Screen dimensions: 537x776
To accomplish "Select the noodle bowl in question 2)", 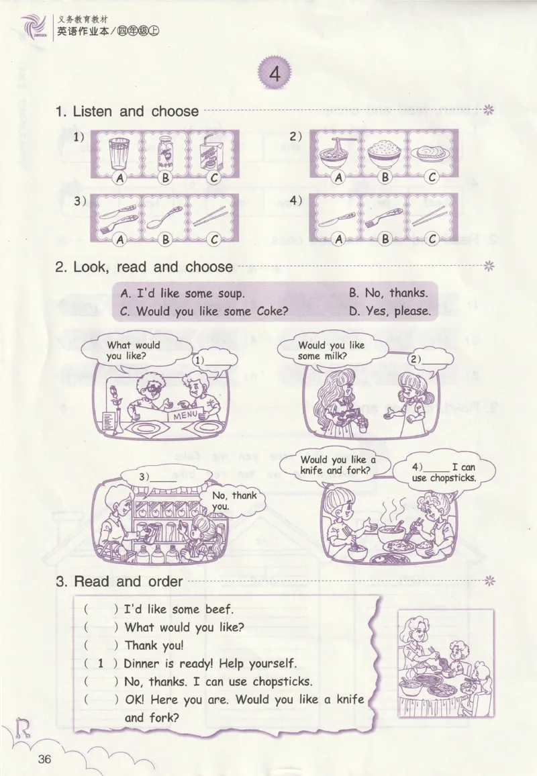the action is pos(338,152).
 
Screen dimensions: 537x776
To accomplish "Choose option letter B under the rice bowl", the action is pos(385,177).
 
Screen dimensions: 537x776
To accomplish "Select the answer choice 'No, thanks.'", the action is pos(389,293).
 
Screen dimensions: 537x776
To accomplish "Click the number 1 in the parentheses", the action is pos(101,663).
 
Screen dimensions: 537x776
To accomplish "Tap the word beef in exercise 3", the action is pos(219,610).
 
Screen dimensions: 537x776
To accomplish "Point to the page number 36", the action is pos(44,759).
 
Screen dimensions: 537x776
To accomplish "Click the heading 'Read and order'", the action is pos(128,581).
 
